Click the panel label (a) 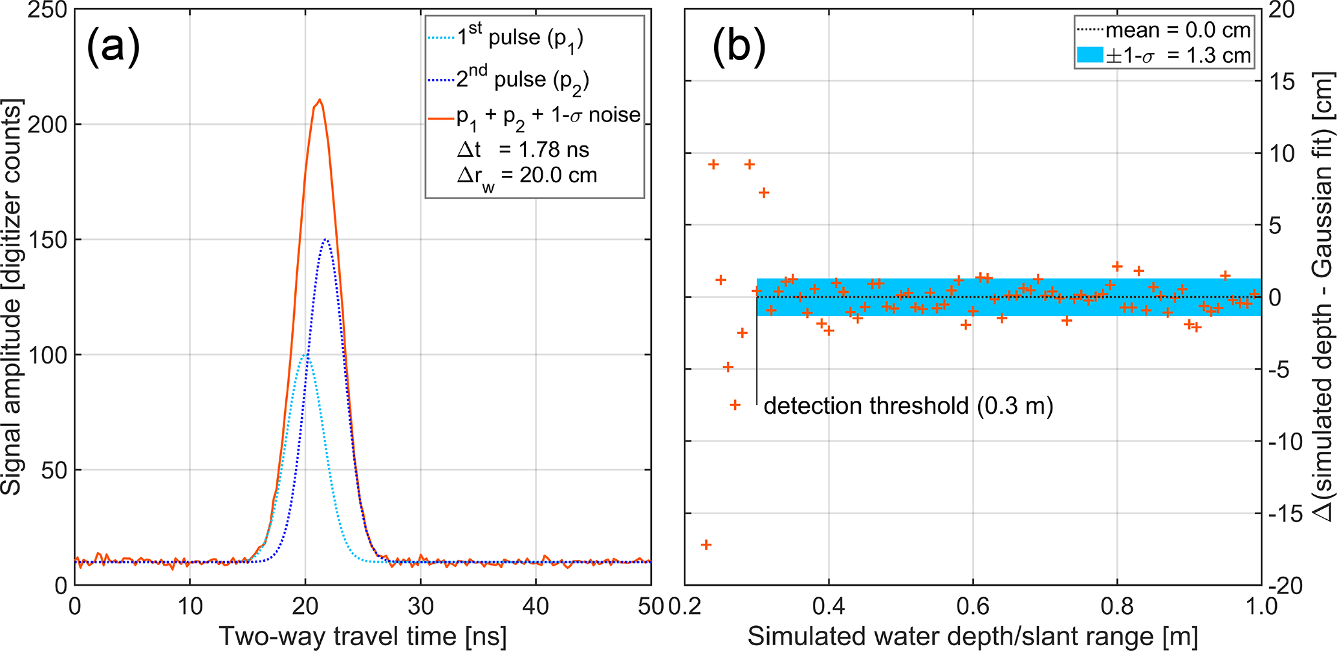(x=113, y=47)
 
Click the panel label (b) (x=738, y=47)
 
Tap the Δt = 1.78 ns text (x=523, y=150)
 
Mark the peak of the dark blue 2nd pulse (x=325, y=240)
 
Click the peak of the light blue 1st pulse (x=305, y=355)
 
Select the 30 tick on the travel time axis (x=420, y=606)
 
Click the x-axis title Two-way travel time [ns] (x=362, y=637)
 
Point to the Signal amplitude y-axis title (x=13, y=297)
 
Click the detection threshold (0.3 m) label (x=908, y=406)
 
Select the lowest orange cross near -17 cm (x=706, y=545)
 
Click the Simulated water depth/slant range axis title (x=973, y=637)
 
